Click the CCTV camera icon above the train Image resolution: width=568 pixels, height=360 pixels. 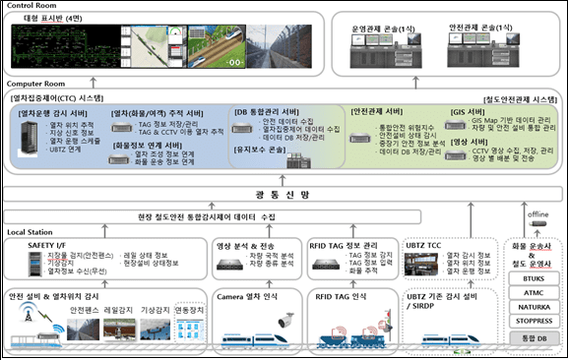pos(285,320)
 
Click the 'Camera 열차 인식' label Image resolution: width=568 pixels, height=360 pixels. pos(249,294)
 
